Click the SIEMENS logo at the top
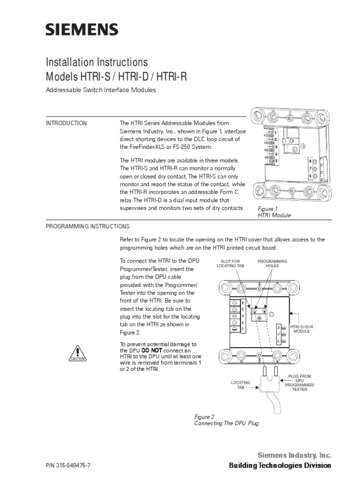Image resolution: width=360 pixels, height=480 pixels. pos(82,30)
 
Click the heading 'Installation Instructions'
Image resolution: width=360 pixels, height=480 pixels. pos(97,62)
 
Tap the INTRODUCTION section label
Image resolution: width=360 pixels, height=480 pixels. pos(66,123)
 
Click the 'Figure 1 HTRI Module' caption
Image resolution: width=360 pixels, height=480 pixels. pos(275,212)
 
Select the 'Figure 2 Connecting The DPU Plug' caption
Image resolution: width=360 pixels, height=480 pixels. pos(226,420)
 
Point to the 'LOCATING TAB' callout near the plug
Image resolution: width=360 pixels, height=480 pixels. pos(240,386)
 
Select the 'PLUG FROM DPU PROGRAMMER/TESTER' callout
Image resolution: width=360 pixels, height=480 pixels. pos(300,383)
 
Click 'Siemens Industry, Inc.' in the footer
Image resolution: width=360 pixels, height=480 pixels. pos(294,455)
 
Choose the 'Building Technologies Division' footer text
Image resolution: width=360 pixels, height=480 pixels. pos(280,465)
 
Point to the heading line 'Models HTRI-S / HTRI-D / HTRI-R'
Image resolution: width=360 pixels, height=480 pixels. pos(116,76)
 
